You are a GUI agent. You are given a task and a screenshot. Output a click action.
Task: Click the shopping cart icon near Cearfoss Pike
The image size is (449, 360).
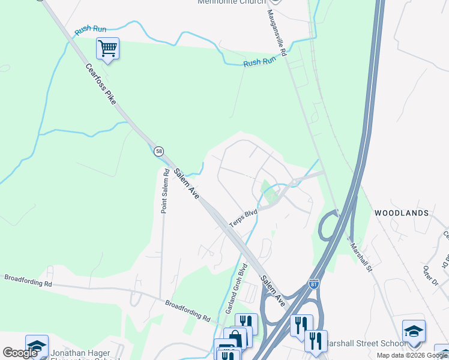click(107, 48)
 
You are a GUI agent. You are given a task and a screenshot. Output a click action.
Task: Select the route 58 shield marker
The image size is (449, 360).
click(158, 151)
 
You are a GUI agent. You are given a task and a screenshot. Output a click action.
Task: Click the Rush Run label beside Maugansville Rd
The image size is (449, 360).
click(259, 61)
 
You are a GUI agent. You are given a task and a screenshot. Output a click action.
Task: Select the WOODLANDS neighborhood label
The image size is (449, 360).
click(402, 213)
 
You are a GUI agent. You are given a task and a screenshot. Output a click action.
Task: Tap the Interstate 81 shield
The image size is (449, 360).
click(313, 283)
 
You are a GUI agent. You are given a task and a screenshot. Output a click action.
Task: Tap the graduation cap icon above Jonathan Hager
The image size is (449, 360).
click(37, 346)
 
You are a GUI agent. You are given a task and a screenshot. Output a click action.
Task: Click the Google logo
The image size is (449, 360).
click(20, 353)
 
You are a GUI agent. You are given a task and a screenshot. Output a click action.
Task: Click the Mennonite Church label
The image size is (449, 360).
click(231, 2)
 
